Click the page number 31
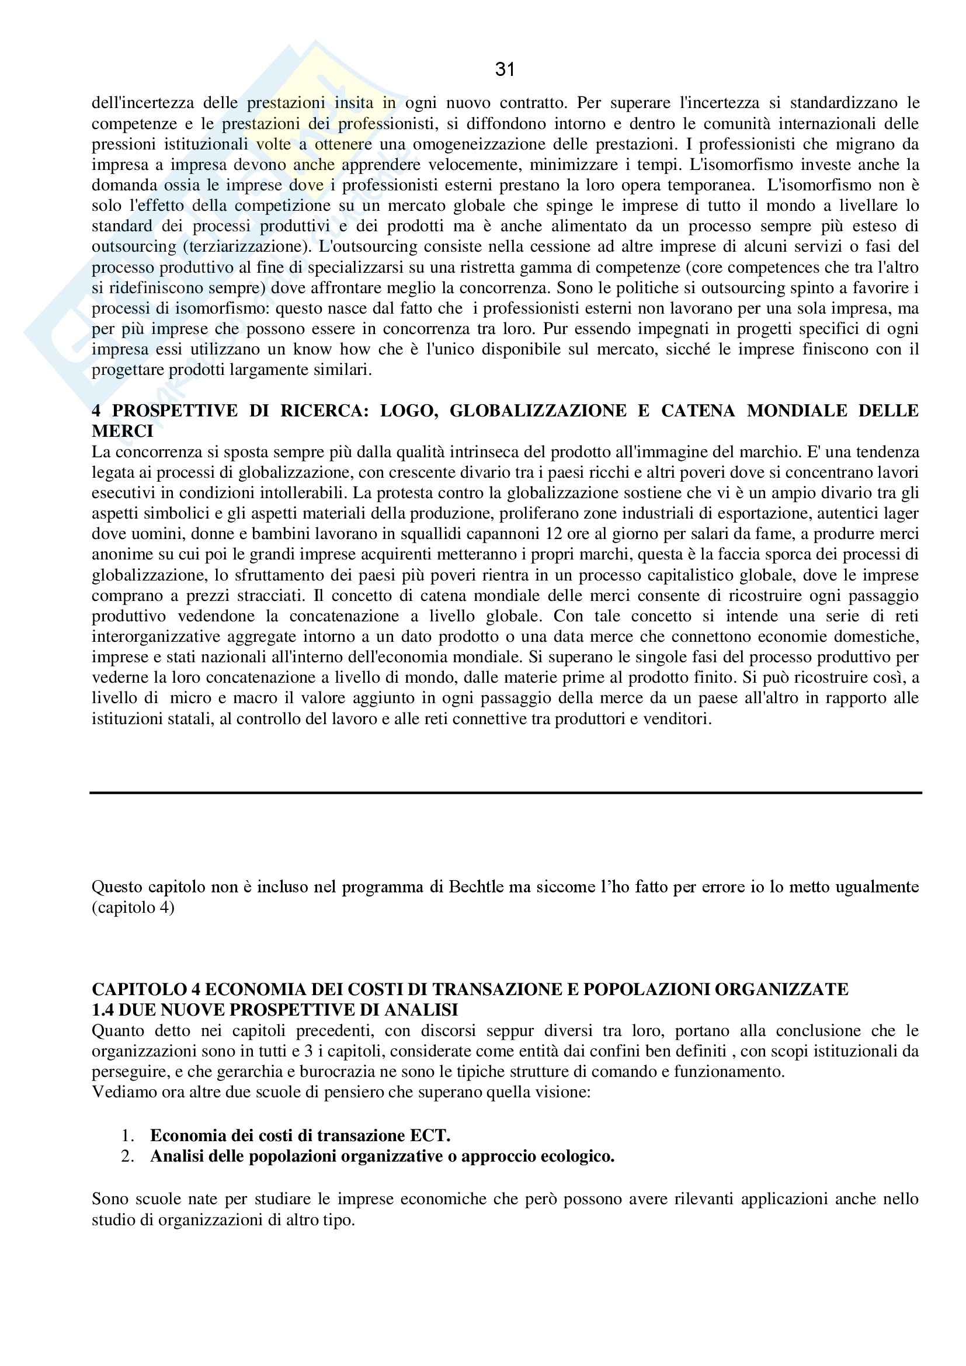pos(505,70)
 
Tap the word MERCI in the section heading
pos(123,432)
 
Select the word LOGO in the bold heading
pos(409,411)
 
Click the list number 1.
pos(127,1135)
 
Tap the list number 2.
pos(127,1156)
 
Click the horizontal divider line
pos(506,793)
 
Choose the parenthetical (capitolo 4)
pos(133,908)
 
